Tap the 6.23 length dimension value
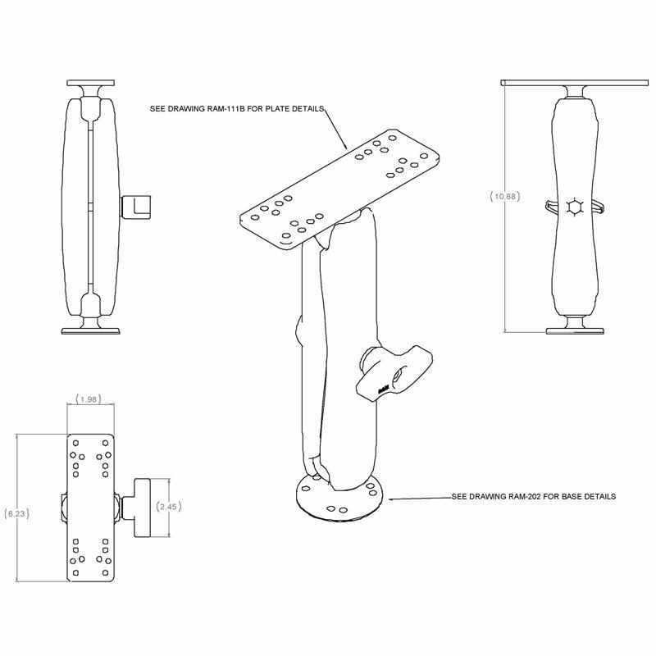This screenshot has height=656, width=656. coord(16,514)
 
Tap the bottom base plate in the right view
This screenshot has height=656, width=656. coord(574,330)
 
